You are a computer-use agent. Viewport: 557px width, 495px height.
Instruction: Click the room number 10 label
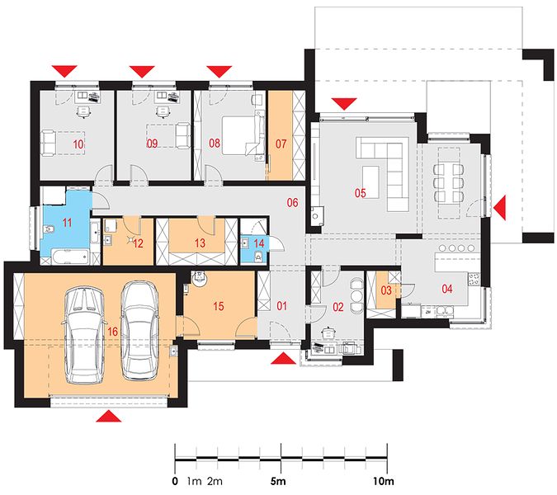tap(78, 144)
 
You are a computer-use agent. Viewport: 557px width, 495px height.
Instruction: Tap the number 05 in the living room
tap(361, 193)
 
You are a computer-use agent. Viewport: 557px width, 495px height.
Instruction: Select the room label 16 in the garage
tap(112, 332)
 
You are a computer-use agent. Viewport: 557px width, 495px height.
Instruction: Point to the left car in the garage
tap(84, 336)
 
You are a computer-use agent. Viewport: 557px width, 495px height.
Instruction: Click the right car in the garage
tap(139, 330)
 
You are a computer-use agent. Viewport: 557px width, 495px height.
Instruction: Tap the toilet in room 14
tap(258, 256)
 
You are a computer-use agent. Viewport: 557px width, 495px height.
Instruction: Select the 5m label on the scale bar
tap(278, 482)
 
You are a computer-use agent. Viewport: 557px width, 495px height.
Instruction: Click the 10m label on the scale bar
tap(384, 482)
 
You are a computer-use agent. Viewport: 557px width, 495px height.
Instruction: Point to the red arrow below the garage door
tap(109, 416)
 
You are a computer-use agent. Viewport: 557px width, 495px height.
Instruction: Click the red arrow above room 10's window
tap(64, 71)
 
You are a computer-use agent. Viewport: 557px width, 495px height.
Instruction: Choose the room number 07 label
tap(281, 144)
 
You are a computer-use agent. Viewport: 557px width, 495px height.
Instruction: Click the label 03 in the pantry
tap(386, 290)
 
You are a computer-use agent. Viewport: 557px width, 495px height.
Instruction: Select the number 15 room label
tap(219, 306)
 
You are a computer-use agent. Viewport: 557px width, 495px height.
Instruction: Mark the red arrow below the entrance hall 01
tap(283, 358)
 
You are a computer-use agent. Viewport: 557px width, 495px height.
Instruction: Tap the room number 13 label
tap(200, 243)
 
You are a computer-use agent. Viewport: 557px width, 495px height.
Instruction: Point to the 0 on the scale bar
tap(174, 482)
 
